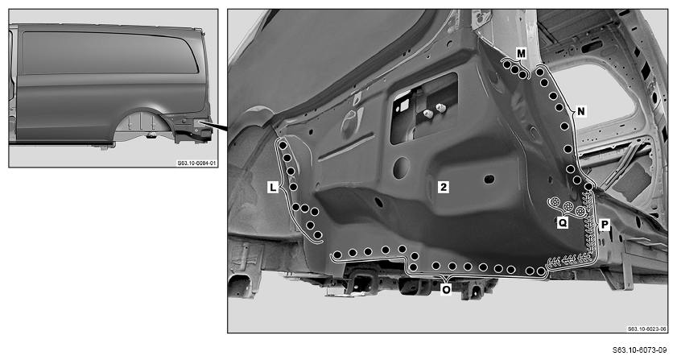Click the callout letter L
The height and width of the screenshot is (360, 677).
point(272,188)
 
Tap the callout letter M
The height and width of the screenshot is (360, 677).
point(521,54)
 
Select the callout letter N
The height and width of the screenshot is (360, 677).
point(581,111)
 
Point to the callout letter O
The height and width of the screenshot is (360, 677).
point(446,289)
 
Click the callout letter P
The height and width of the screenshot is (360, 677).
point(605,225)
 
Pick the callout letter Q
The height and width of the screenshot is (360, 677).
point(563,222)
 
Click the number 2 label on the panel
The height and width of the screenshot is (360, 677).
point(443,187)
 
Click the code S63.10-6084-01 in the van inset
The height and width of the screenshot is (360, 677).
point(197,163)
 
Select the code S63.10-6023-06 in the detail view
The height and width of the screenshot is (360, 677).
point(646,329)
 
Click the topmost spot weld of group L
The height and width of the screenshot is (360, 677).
point(283,146)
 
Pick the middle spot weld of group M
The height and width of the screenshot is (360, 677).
point(514,69)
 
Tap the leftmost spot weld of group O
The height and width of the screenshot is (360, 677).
point(337,255)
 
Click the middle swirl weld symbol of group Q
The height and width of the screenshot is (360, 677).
point(568,206)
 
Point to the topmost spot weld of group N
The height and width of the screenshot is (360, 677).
point(539,72)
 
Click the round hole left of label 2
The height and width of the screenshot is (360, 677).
point(401,168)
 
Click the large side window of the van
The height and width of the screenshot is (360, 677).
point(110,52)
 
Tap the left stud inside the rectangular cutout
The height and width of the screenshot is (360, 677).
point(428,114)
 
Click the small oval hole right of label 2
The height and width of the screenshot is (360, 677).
point(489,179)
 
